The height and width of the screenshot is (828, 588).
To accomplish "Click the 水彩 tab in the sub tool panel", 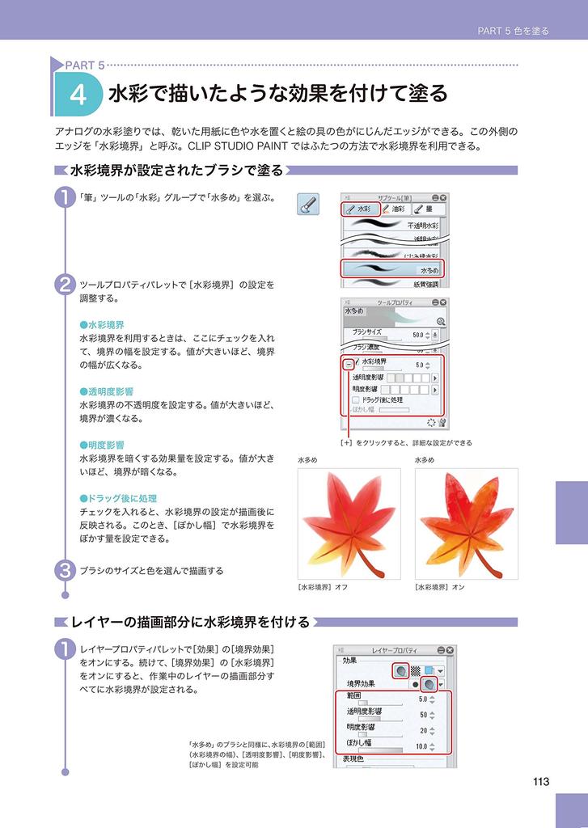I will coord(360,209).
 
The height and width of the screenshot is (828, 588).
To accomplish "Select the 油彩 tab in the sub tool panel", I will coord(394,209).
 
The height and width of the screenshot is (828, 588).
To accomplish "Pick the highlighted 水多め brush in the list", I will coord(394,268).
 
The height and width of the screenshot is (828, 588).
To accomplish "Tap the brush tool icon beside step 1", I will coord(308,205).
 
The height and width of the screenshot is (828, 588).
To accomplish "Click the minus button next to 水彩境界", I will coord(348,365).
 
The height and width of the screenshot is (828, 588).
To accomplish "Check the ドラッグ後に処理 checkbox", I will coord(357,399).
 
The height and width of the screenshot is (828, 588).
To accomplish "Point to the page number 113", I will coord(541,781).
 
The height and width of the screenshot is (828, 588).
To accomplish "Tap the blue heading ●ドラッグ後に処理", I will coord(117,498).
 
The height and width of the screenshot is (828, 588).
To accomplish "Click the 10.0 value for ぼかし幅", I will coord(421,746).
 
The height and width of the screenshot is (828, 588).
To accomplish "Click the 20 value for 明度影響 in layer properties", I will coord(423,730).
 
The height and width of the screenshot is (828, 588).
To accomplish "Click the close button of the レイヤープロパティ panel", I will coord(450,648).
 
